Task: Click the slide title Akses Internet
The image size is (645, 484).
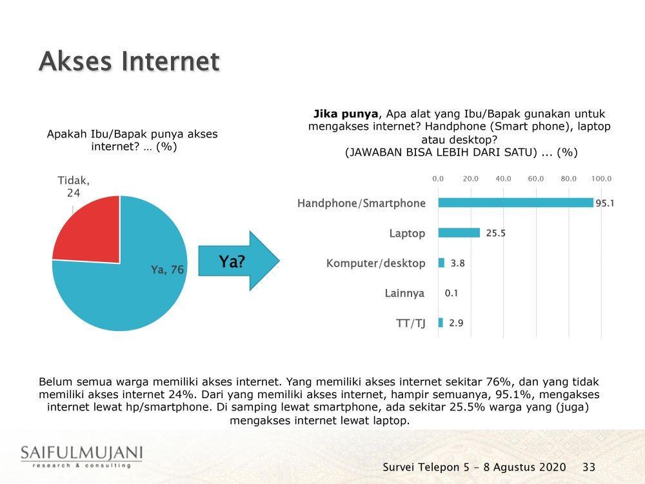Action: pyautogui.click(x=129, y=61)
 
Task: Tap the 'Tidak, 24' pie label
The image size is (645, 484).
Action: pyautogui.click(x=74, y=187)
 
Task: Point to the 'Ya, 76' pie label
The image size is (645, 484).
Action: pyautogui.click(x=167, y=270)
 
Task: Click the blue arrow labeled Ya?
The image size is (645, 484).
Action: pyautogui.click(x=239, y=261)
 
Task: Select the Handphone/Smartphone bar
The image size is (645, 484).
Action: pyautogui.click(x=516, y=203)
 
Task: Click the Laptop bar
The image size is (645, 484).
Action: pyautogui.click(x=459, y=233)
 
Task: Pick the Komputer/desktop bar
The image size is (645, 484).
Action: pyautogui.click(x=441, y=263)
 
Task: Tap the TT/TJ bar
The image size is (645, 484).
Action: pyautogui.click(x=441, y=323)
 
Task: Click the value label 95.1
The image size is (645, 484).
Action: pyautogui.click(x=605, y=203)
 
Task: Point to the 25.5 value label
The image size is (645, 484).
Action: pyautogui.click(x=495, y=233)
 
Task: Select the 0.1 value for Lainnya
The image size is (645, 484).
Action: pyautogui.click(x=451, y=293)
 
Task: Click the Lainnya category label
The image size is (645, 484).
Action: pyautogui.click(x=404, y=293)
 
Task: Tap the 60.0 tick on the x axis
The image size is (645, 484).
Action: pyautogui.click(x=536, y=179)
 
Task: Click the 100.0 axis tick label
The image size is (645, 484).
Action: pyautogui.click(x=601, y=179)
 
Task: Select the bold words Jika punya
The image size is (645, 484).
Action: pyautogui.click(x=346, y=114)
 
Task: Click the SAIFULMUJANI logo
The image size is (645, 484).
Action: pyautogui.click(x=81, y=456)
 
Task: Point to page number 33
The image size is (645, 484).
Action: pyautogui.click(x=589, y=467)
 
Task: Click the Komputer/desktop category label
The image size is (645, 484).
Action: pyautogui.click(x=375, y=263)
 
